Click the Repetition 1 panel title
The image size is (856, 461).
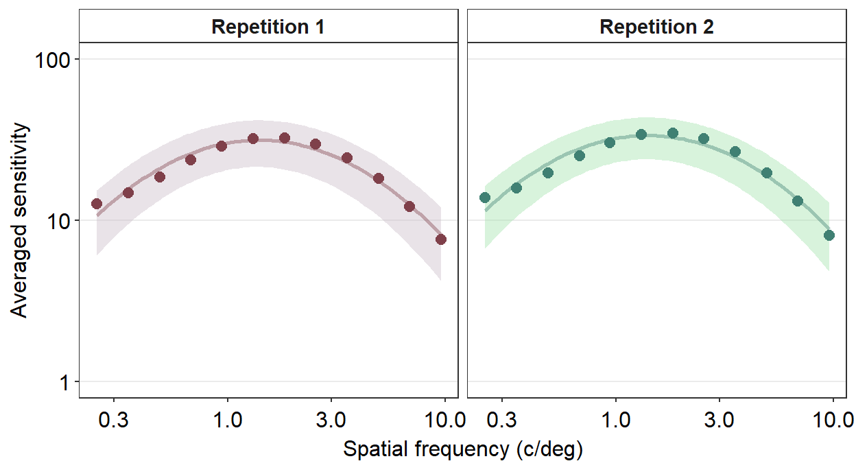267,27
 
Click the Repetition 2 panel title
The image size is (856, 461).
656,27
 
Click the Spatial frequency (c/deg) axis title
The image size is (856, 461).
462,449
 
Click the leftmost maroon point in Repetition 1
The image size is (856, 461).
97,204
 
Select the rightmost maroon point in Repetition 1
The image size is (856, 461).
441,239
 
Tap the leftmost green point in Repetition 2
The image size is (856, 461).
485,198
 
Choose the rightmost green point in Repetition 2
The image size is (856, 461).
829,235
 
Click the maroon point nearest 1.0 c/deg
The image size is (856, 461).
222,146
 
